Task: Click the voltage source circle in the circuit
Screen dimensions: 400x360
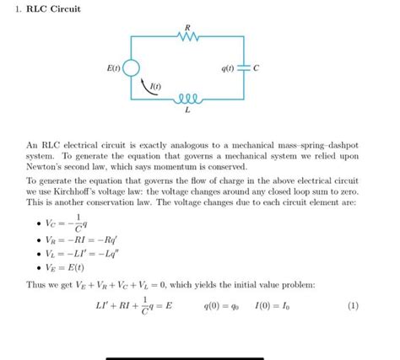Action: point(131,67)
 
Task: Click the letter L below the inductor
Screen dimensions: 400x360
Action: point(186,110)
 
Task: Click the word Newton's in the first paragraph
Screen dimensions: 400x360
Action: point(50,167)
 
